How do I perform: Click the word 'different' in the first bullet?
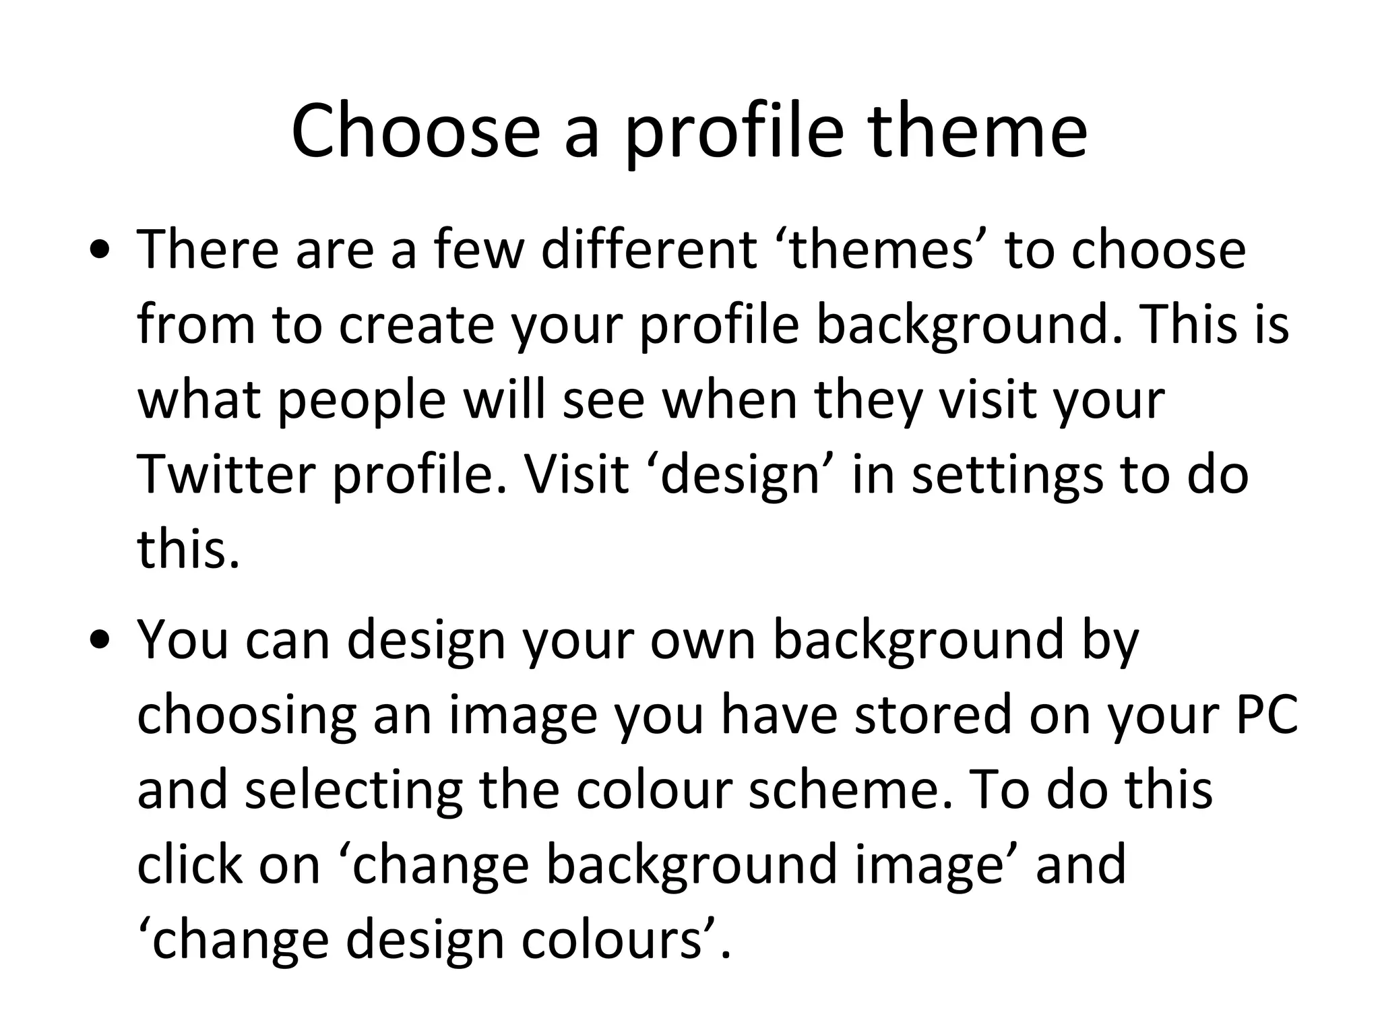click(x=649, y=249)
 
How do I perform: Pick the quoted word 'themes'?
click(x=881, y=249)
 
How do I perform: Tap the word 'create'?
click(x=416, y=325)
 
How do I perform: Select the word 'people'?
click(x=361, y=400)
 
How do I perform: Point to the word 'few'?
click(x=478, y=249)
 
